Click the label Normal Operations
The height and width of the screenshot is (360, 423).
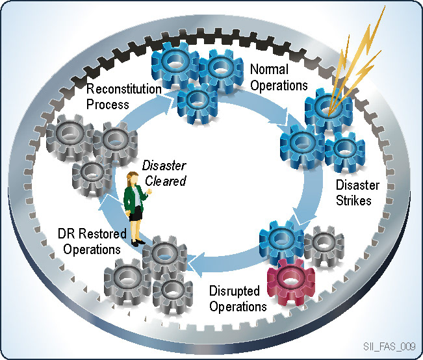278,75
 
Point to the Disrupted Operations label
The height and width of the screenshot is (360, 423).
238,298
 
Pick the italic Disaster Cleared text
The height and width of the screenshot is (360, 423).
164,173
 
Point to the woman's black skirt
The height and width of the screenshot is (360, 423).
135,215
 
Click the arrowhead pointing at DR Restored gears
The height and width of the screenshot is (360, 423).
196,263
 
